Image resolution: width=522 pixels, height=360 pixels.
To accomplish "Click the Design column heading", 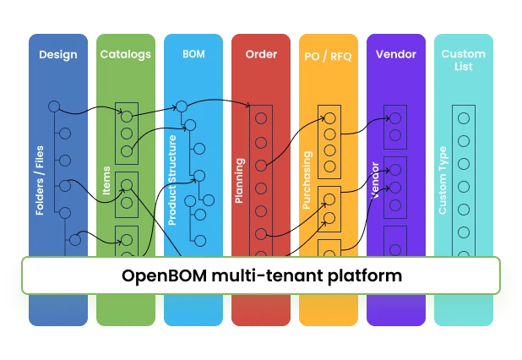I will (x=57, y=55).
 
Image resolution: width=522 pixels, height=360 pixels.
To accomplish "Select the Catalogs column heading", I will (x=125, y=55).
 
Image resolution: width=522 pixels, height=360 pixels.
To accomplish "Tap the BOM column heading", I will (x=193, y=55).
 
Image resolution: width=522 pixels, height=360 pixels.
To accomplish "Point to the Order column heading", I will (x=261, y=55).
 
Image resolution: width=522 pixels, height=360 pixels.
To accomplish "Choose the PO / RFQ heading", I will (x=328, y=55).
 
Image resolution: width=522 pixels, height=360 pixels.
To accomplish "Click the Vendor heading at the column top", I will (x=395, y=55).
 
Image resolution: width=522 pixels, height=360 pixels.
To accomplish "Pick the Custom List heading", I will (x=463, y=60).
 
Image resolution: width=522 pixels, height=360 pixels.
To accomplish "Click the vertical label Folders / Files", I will (x=40, y=179).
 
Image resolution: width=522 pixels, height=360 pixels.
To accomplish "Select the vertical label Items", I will (x=106, y=180).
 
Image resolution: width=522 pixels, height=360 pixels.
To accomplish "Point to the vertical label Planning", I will (x=240, y=181).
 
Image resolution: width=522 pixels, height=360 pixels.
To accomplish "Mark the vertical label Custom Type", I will (x=443, y=180).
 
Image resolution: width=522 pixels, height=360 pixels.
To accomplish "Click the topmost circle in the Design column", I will (x=54, y=106).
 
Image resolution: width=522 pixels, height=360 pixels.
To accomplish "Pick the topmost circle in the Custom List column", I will (x=463, y=117).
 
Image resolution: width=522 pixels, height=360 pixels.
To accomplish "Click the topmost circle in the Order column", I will (x=261, y=117).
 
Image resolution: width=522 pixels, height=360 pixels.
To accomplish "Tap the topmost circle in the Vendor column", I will (x=395, y=117).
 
